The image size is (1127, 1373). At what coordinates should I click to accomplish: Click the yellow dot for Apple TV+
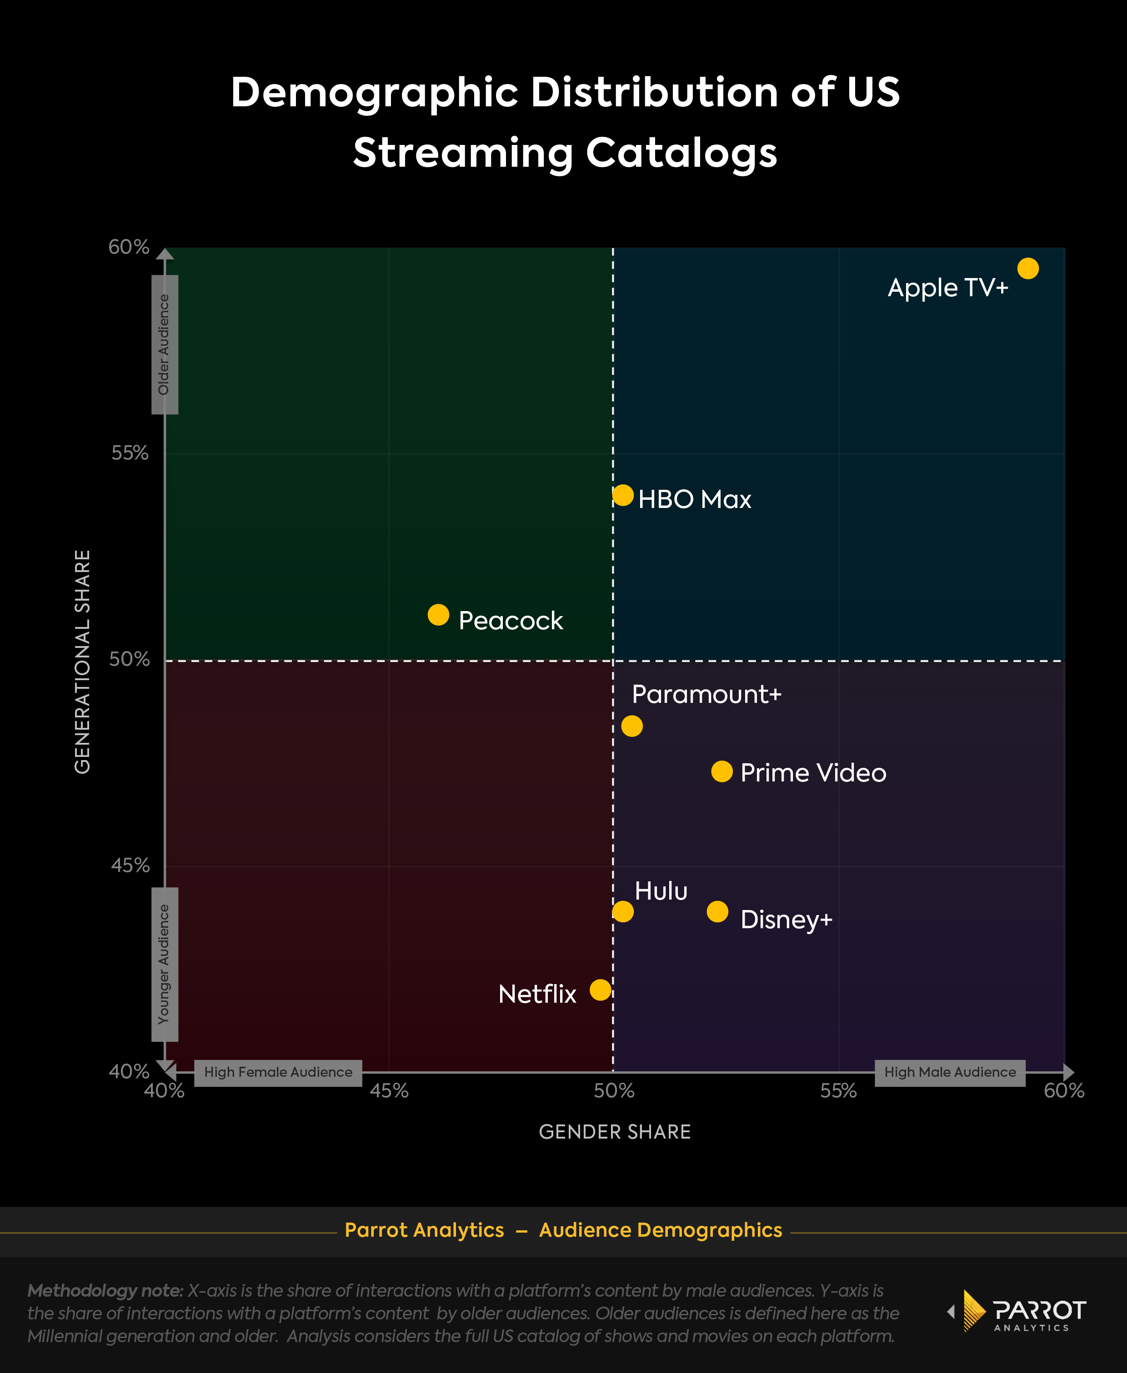[1028, 268]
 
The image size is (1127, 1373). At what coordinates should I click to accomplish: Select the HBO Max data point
[622, 495]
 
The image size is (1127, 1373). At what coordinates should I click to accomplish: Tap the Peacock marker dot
[438, 614]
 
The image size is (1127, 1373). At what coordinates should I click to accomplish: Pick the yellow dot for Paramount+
[631, 726]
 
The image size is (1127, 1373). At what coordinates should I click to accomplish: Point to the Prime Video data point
[722, 771]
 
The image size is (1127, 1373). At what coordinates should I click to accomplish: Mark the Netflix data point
[601, 990]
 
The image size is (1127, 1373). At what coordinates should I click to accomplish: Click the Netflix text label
[537, 994]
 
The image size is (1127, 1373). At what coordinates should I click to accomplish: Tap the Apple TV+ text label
[948, 288]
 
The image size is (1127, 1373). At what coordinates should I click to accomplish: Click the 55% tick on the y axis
[130, 453]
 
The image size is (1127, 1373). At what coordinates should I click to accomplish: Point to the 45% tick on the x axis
[389, 1091]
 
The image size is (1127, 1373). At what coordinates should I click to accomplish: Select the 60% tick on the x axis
[1064, 1091]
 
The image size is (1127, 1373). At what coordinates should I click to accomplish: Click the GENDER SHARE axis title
[615, 1132]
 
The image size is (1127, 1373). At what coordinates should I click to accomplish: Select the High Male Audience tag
[950, 1072]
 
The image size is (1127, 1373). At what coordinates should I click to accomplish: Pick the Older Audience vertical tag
[164, 344]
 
